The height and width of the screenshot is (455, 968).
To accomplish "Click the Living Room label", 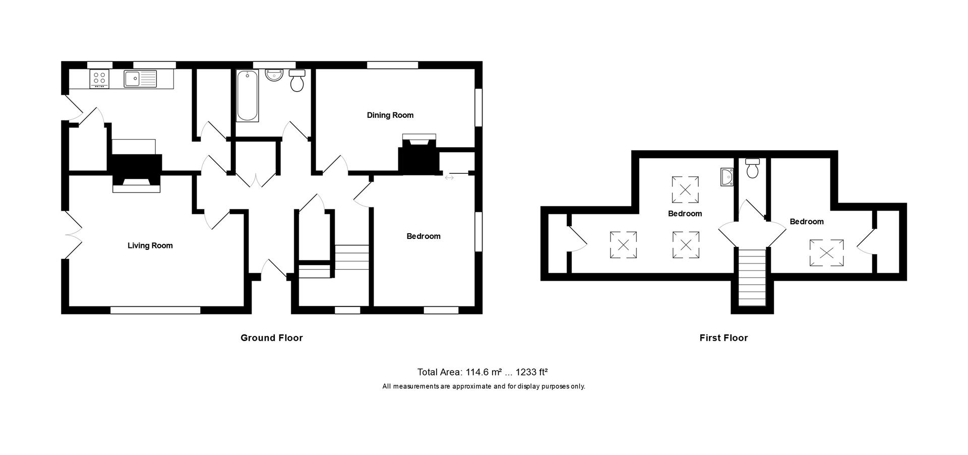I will pyautogui.click(x=150, y=245).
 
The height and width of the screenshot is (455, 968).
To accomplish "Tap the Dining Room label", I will pyautogui.click(x=390, y=115).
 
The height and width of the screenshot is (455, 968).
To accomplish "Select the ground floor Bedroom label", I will pyautogui.click(x=423, y=236).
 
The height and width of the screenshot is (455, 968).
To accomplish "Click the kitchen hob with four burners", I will pyautogui.click(x=99, y=79).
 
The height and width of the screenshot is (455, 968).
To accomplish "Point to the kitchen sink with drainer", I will pyautogui.click(x=140, y=78).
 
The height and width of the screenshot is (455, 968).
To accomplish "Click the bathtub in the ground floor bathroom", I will pyautogui.click(x=247, y=96).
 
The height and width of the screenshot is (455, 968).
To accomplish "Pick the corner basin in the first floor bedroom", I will pyautogui.click(x=727, y=177).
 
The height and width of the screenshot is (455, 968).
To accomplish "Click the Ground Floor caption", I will pyautogui.click(x=271, y=338).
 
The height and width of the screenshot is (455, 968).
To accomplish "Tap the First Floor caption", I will pyautogui.click(x=723, y=338).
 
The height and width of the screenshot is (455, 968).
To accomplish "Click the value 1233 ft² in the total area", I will pyautogui.click(x=531, y=372).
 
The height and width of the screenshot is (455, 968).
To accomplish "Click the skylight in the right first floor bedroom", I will pyautogui.click(x=826, y=252).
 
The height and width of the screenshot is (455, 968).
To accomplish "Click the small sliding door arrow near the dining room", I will pyautogui.click(x=449, y=177).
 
